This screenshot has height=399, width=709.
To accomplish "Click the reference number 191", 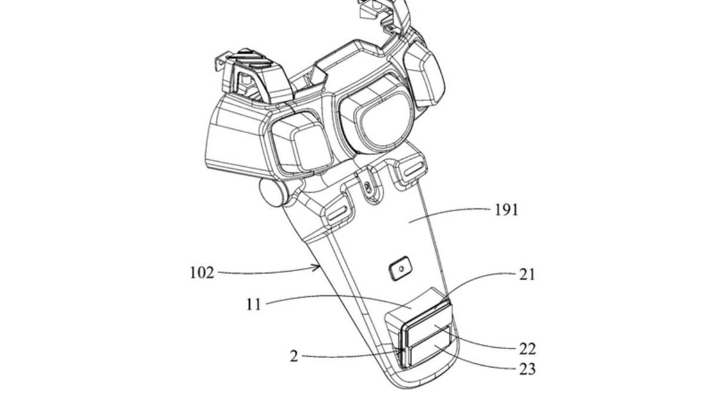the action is (506, 210).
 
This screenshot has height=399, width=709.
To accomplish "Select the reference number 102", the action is (202, 273).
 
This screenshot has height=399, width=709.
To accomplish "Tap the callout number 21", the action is (527, 274).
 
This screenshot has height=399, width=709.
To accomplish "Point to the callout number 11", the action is (254, 304).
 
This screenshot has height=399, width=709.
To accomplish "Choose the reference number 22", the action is (527, 349).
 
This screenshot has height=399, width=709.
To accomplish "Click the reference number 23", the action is (527, 369).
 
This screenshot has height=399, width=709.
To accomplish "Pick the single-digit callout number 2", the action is (294, 357).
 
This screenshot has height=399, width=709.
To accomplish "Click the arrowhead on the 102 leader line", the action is (317, 269).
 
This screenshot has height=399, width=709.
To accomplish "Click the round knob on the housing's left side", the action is (273, 192).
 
